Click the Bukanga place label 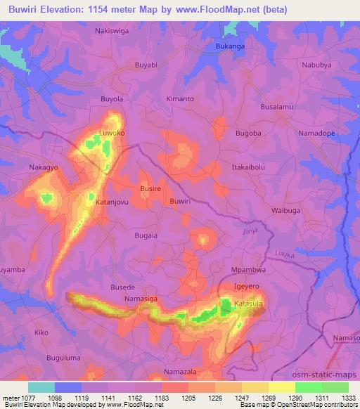pyautogui.click(x=229, y=48)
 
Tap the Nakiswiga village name pyautogui.click(x=112, y=31)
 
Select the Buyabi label pyautogui.click(x=147, y=65)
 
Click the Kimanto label pyautogui.click(x=180, y=99)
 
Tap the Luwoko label pyautogui.click(x=112, y=132)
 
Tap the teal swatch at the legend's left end pyautogui.click(x=41, y=387)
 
